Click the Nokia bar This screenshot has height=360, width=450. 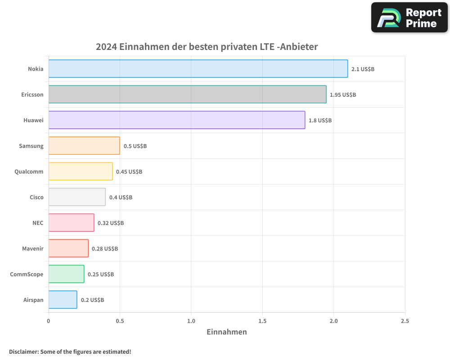198,69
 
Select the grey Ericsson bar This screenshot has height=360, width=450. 187,94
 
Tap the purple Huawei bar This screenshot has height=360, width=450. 176,120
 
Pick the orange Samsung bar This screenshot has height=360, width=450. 84,146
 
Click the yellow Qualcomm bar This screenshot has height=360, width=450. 81,171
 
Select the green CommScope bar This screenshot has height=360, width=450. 66,274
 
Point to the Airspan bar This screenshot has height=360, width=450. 63,300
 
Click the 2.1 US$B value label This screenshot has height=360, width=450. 363,69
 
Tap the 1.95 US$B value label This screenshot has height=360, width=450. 343,95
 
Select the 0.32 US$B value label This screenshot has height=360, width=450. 111,223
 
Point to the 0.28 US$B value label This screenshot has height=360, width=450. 105,249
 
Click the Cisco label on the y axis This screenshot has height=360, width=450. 36,197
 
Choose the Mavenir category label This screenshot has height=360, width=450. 33,248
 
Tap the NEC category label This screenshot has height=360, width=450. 38,223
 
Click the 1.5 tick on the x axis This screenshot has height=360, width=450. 262,321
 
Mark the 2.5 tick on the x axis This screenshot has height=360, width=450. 405,321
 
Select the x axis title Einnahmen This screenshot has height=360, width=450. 227,332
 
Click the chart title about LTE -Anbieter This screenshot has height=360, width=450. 207,47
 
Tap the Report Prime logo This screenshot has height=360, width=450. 409,18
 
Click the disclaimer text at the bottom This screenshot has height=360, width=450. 70,351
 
